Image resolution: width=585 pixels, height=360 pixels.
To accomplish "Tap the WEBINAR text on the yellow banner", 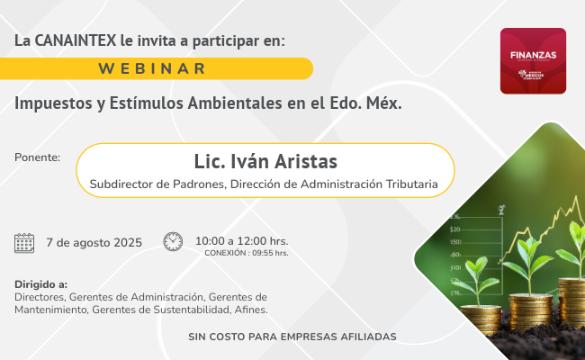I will click(x=152, y=68).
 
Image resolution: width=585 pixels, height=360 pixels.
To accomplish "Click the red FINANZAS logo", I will click(x=533, y=60).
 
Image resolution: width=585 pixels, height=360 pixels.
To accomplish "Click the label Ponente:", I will click(x=38, y=157).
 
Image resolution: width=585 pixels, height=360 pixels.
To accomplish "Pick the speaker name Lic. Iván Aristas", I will click(x=265, y=161).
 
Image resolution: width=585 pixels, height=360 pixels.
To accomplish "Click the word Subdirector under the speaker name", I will click(x=126, y=184).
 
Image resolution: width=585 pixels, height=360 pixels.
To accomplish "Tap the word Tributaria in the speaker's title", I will click(x=409, y=184).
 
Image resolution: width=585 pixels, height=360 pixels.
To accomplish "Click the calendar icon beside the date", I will click(x=24, y=242).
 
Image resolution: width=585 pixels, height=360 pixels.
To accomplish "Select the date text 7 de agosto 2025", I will click(x=94, y=242).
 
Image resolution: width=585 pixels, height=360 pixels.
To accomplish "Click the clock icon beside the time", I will click(x=173, y=241).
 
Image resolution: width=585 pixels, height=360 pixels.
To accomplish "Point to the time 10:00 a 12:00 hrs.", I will click(x=241, y=240).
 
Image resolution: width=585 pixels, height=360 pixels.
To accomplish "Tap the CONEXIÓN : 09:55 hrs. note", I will click(x=246, y=253).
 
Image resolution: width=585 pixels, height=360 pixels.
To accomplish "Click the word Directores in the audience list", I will click(x=40, y=296).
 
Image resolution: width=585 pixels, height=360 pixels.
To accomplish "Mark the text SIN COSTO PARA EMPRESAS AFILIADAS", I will click(x=292, y=337).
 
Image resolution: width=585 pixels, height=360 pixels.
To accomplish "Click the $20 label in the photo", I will click(x=455, y=229).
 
